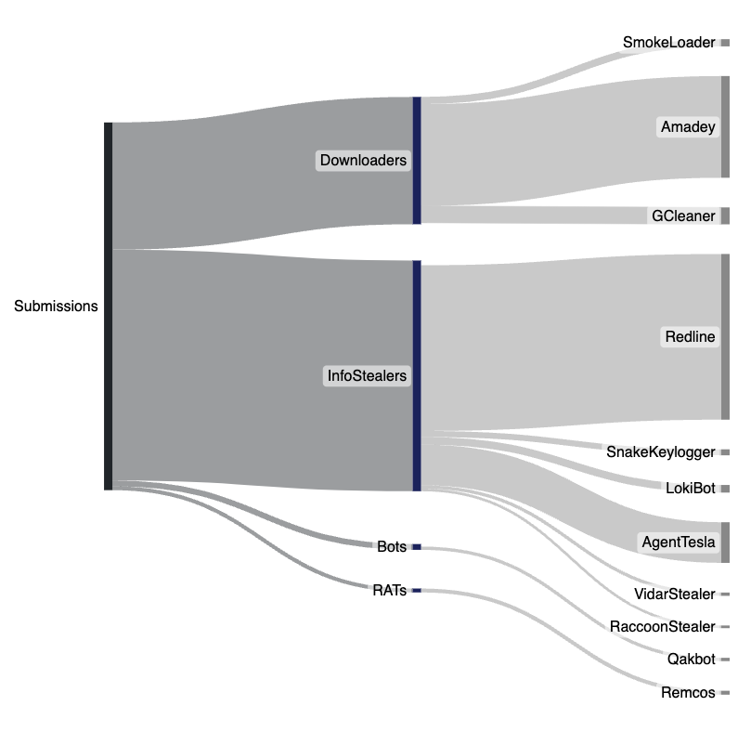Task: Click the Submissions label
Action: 56,306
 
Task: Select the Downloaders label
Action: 363,161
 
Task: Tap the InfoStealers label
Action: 367,376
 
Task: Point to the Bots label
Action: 392,546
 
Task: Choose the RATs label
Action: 389,590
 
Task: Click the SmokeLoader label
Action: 668,43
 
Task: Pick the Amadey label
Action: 688,127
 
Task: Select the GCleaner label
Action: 683,216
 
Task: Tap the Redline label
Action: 691,336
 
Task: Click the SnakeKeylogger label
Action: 660,452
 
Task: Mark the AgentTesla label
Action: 679,542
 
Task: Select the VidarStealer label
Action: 674,594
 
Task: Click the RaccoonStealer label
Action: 663,627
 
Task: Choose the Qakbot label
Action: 692,660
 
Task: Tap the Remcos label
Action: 688,692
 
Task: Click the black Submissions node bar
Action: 108,306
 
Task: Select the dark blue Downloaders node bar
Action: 417,160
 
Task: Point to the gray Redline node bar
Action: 725,336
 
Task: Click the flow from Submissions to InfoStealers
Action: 260,372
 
